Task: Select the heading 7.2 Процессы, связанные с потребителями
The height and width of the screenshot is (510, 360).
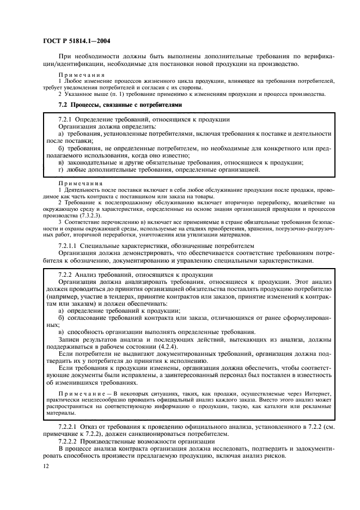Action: pos(119,104)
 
